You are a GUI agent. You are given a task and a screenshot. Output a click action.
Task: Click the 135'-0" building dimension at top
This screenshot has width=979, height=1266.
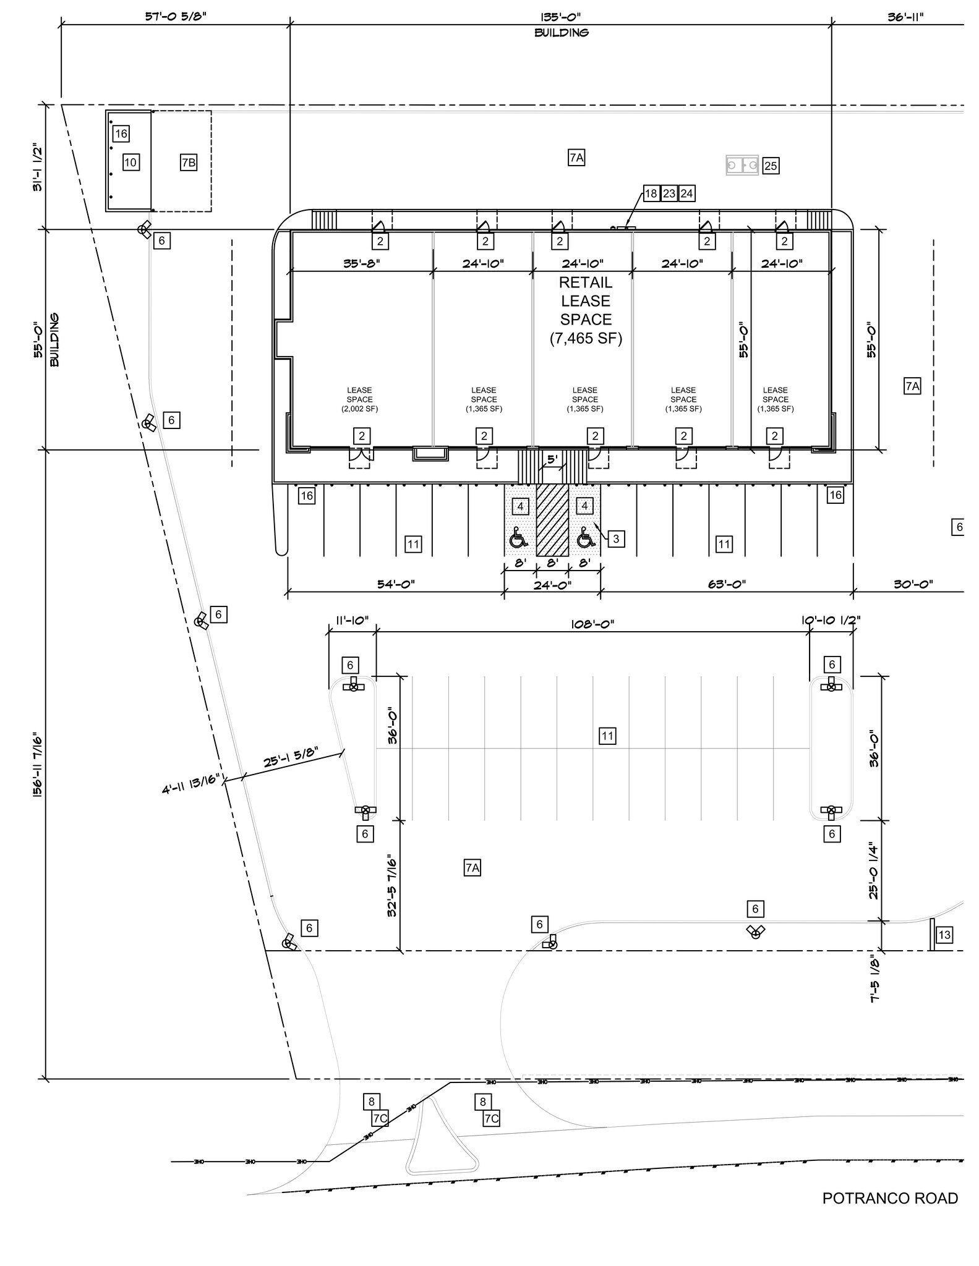pyautogui.click(x=560, y=17)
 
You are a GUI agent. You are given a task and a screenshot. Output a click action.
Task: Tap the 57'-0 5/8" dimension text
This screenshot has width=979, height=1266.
pyautogui.click(x=176, y=17)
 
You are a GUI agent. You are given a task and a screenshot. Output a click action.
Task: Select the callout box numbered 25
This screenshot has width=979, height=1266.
pyautogui.click(x=770, y=166)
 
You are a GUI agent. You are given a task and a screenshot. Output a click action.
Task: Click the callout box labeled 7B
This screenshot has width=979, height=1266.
pyautogui.click(x=189, y=163)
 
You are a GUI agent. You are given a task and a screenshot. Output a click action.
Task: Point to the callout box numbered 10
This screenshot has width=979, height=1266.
pyautogui.click(x=130, y=163)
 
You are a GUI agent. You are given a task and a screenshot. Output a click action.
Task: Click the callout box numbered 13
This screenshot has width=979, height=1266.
pyautogui.click(x=944, y=935)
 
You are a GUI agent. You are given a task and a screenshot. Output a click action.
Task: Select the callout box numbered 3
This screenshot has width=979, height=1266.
pyautogui.click(x=616, y=539)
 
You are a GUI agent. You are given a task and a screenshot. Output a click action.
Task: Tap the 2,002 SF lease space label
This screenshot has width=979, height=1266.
pyautogui.click(x=359, y=399)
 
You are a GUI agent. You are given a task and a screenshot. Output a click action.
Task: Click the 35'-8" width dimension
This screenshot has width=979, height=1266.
pyautogui.click(x=361, y=263)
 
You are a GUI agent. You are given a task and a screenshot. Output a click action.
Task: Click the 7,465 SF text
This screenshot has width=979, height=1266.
pyautogui.click(x=586, y=338)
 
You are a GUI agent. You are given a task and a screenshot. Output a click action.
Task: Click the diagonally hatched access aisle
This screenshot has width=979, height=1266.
pyautogui.click(x=552, y=519)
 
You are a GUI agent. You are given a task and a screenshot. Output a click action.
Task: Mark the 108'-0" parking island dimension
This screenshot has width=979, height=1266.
pyautogui.click(x=592, y=624)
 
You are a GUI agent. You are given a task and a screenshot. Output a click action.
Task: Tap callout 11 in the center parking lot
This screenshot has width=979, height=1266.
pyautogui.click(x=607, y=736)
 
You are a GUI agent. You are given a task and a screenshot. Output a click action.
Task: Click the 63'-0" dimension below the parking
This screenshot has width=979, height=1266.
pyautogui.click(x=727, y=584)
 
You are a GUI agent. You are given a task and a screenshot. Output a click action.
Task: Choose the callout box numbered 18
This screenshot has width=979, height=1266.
pyautogui.click(x=651, y=193)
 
